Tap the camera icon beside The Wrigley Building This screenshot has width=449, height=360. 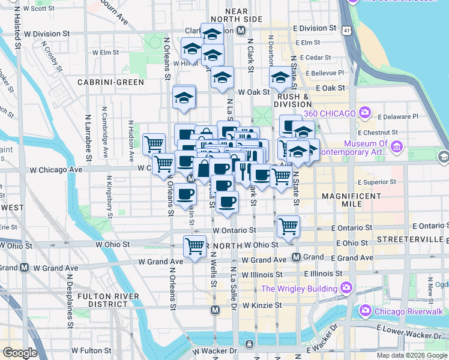(x=346, y=289)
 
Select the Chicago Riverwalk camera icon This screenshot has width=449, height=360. (x=365, y=311)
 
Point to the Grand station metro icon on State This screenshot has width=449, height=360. (x=297, y=257)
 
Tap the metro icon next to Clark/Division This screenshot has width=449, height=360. (x=241, y=30)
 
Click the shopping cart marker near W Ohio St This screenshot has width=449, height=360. (x=194, y=246)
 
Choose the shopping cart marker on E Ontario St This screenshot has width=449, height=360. (x=289, y=226)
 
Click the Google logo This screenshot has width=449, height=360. (x=20, y=353)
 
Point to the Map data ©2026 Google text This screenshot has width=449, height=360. (x=412, y=355)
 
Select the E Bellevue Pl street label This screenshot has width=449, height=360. (x=324, y=73)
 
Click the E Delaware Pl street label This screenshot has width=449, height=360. (x=396, y=116)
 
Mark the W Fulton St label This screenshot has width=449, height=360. (x=92, y=350)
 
